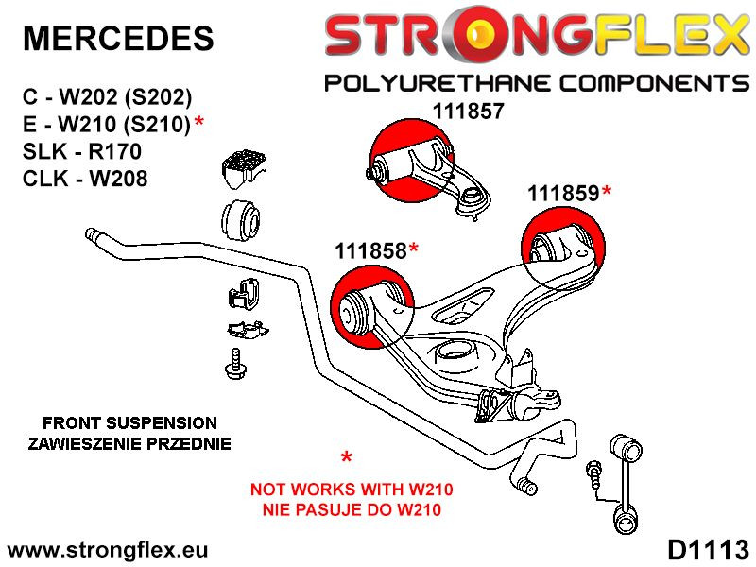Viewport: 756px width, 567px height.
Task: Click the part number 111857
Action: [469, 110]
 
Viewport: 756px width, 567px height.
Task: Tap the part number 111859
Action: [562, 194]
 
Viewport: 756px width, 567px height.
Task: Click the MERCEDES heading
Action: [117, 38]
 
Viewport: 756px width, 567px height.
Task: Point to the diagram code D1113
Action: [707, 550]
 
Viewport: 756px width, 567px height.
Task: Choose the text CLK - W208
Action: [84, 178]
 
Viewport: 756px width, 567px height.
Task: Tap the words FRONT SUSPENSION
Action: [130, 422]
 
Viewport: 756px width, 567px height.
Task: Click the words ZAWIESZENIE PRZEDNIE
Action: [130, 443]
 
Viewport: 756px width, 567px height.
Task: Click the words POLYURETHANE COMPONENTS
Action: [537, 83]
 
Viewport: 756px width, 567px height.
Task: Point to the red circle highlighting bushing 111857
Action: [409, 161]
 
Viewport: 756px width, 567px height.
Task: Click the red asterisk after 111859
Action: [607, 192]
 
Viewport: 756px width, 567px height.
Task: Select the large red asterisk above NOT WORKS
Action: [347, 460]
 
